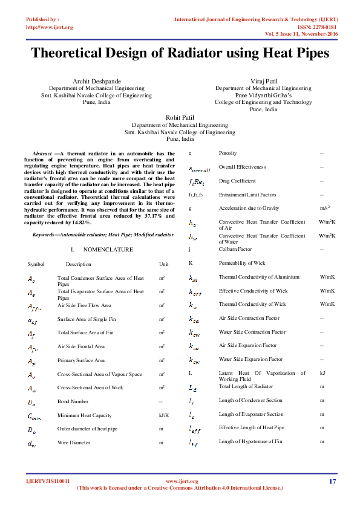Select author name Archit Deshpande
96,80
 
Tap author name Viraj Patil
263,80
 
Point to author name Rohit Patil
180,117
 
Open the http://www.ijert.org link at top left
50,27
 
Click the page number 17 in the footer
332,481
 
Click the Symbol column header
36,264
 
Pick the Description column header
79,264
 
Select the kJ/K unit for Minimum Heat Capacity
164,415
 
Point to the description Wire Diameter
74,443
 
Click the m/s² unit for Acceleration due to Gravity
324,208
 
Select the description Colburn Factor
236,248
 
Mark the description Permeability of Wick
242,263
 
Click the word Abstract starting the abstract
42,154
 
